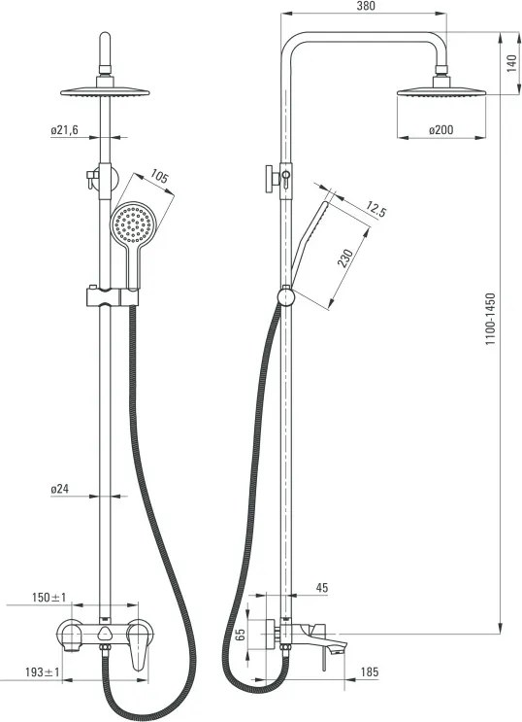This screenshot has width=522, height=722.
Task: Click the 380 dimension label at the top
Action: tap(366, 6)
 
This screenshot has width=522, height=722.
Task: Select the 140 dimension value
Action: tap(511, 63)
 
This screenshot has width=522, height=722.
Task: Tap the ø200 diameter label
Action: tap(441, 130)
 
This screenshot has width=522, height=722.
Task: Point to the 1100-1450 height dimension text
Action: tap(491, 319)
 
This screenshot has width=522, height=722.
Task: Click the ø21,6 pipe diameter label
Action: tap(64, 130)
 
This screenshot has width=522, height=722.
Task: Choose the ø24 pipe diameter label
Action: tap(60, 489)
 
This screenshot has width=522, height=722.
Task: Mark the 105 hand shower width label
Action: tap(159, 177)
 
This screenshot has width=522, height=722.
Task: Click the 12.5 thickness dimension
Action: tap(376, 209)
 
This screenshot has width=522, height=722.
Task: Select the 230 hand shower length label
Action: tap(345, 258)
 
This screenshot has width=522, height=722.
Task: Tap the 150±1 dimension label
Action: tap(49, 598)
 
